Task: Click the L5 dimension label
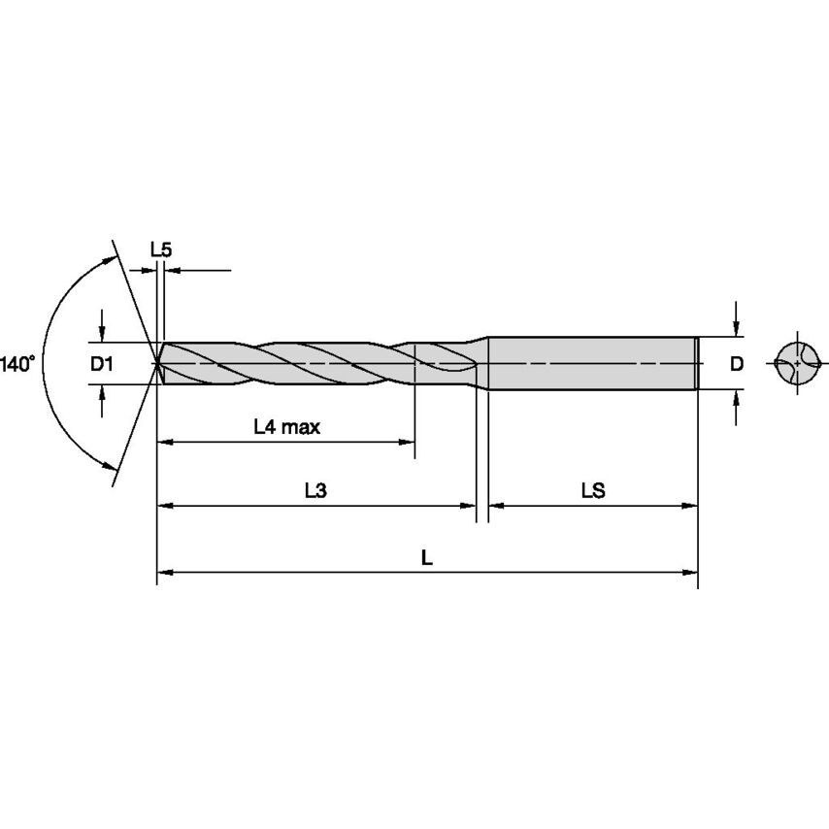pyautogui.click(x=161, y=249)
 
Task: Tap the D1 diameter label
pyautogui.click(x=102, y=364)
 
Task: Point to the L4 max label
pyautogui.click(x=286, y=426)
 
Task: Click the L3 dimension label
pyautogui.click(x=315, y=491)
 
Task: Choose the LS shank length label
pyautogui.click(x=593, y=491)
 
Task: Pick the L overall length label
pyautogui.click(x=426, y=557)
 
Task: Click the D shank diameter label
pyautogui.click(x=737, y=364)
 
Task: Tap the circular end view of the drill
pyautogui.click(x=798, y=363)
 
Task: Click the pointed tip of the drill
pyautogui.click(x=158, y=363)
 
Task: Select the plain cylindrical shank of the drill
pyautogui.click(x=592, y=363)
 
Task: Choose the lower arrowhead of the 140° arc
pyautogui.click(x=108, y=467)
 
